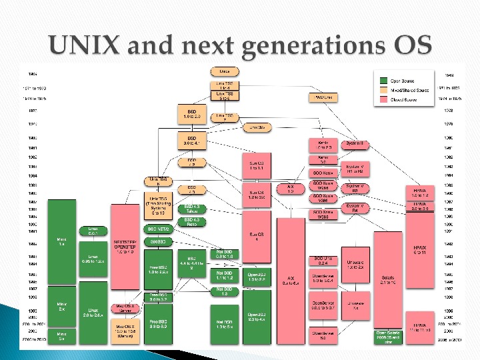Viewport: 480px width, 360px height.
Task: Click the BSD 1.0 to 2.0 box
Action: point(191,114)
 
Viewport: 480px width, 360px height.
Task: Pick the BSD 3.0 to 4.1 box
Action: point(191,140)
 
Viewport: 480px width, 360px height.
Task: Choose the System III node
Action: point(355,143)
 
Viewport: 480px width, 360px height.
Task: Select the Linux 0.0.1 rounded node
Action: point(93,231)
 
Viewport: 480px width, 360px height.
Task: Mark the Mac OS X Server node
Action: point(125,308)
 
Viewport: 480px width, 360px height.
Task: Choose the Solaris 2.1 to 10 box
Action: point(388,280)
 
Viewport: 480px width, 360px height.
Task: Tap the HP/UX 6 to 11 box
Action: point(420,250)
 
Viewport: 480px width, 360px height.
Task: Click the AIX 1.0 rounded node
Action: point(290,189)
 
